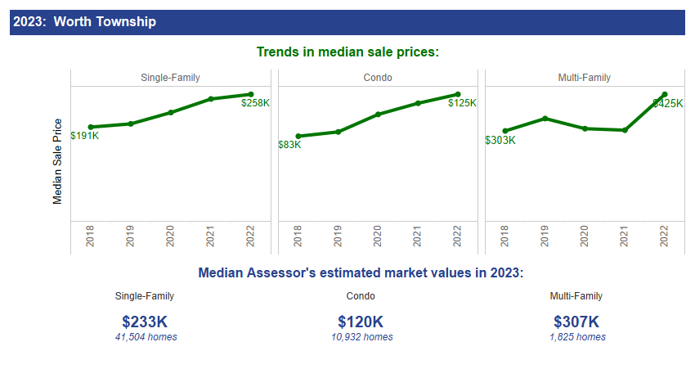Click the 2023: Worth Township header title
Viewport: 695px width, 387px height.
click(x=84, y=22)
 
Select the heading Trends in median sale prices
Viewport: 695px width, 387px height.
click(x=347, y=52)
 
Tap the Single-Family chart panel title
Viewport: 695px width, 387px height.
click(x=170, y=78)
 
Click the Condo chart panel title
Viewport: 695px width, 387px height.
click(x=377, y=78)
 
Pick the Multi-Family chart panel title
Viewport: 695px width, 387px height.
click(x=584, y=78)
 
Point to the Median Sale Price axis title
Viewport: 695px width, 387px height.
click(x=57, y=161)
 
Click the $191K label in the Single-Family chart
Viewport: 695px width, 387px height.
click(x=84, y=136)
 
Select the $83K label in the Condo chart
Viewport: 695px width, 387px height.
click(x=289, y=145)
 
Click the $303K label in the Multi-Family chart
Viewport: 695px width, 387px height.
click(x=500, y=140)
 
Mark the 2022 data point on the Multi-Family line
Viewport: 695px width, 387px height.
click(x=665, y=95)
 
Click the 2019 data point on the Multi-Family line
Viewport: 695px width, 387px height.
click(x=545, y=119)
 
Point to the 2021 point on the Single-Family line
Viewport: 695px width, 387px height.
click(x=211, y=99)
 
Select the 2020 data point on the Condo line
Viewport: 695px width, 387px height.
click(x=377, y=115)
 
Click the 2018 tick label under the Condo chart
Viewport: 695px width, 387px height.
click(x=298, y=237)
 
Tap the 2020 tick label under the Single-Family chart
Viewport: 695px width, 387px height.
click(x=171, y=237)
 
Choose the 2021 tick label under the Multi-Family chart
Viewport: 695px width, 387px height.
click(x=625, y=237)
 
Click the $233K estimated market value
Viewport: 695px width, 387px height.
click(x=145, y=322)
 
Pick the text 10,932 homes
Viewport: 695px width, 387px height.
click(x=361, y=337)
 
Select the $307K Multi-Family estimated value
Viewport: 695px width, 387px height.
click(x=576, y=322)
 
